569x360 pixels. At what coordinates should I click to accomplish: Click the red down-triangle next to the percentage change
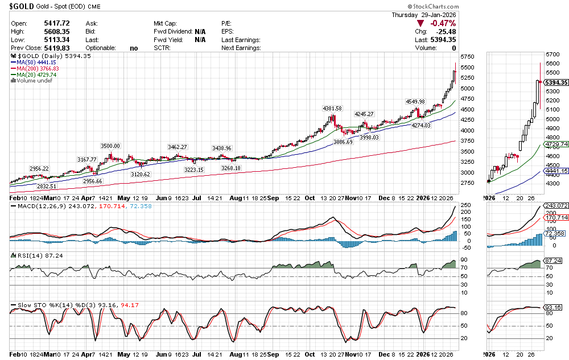[x=420, y=23]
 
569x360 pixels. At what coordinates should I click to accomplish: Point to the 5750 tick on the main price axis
[x=467, y=57]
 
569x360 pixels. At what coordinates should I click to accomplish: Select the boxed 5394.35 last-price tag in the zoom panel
[x=556, y=82]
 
